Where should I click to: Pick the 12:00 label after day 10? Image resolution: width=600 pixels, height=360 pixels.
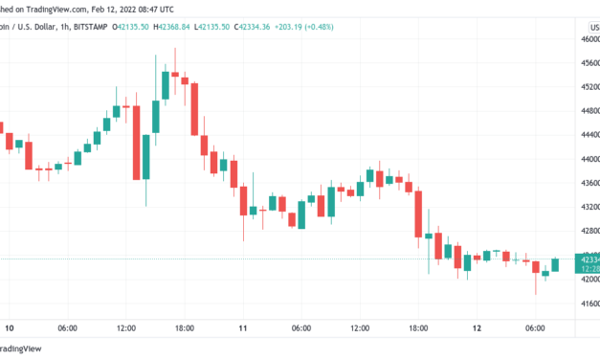coord(126,328)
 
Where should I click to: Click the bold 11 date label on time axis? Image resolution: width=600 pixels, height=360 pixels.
coord(242,328)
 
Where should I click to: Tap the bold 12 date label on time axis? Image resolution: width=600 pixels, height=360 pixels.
coord(476,328)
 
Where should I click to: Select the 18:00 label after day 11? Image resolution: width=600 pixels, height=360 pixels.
coord(417,328)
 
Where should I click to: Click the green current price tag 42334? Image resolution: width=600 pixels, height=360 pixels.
coord(585,259)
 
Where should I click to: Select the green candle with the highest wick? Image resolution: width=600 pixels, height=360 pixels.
coord(166,85)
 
